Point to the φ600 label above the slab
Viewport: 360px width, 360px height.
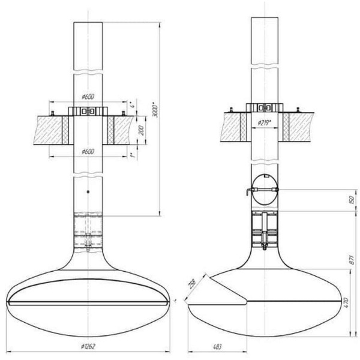[x=88, y=97]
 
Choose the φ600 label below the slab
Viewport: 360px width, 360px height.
[x=88, y=151]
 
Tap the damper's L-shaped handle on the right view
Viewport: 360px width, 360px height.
[x=248, y=192]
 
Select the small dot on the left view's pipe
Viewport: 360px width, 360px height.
[x=88, y=191]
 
